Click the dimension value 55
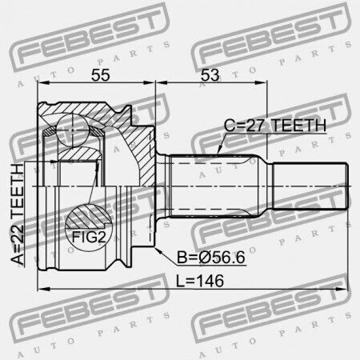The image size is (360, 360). click(x=101, y=75)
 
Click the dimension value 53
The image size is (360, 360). click(x=210, y=75)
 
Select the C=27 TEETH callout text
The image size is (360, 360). click(x=275, y=126)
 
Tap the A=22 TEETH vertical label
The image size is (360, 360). click(x=18, y=214)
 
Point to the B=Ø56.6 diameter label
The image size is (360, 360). click(x=211, y=258)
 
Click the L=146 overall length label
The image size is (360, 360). click(x=200, y=281)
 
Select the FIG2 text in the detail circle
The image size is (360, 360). click(x=89, y=237)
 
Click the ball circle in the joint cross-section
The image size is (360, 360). click(x=72, y=130)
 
